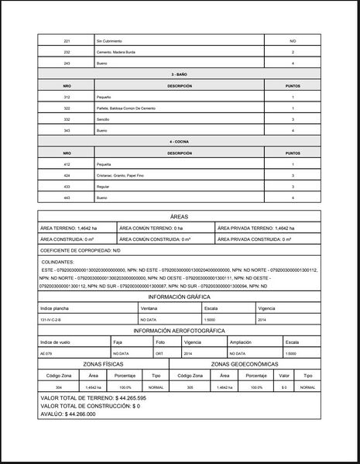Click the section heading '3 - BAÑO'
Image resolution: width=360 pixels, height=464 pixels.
[180, 74]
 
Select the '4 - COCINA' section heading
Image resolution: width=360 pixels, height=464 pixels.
[180, 142]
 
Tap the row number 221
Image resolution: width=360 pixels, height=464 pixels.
[67, 40]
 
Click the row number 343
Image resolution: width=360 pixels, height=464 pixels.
[67, 131]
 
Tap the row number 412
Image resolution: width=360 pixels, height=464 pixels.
[67, 164]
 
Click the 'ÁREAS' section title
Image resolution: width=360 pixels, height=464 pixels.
[180, 217]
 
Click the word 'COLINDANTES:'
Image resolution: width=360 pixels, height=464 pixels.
[57, 263]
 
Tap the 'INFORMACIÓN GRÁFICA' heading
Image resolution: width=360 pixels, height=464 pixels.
[180, 296]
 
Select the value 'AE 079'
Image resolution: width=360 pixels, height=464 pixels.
[48, 353]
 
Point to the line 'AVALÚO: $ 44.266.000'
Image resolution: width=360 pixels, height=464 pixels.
[67, 414]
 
